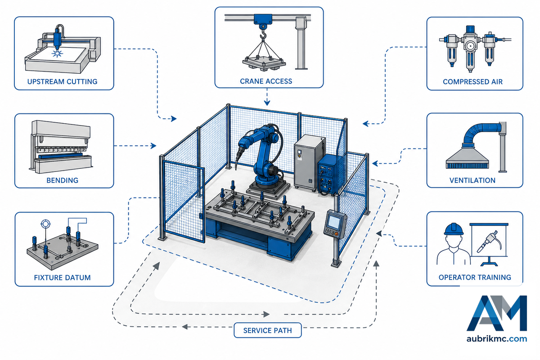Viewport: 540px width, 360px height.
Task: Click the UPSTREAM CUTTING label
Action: tap(62, 82)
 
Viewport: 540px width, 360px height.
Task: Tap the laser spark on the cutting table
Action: tap(58, 53)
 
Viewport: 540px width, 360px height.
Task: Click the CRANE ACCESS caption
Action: tap(266, 81)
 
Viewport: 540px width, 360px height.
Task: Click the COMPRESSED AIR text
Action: tap(472, 82)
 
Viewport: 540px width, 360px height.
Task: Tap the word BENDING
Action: tap(62, 180)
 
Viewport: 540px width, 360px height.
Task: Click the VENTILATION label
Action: tap(472, 180)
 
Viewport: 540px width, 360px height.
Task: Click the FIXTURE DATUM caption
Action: tap(62, 278)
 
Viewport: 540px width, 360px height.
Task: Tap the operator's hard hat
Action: tap(454, 229)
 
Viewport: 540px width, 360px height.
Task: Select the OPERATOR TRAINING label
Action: tap(475, 277)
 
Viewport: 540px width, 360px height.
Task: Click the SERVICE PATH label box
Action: tap(268, 330)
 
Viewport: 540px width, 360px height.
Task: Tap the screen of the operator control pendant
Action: tap(334, 222)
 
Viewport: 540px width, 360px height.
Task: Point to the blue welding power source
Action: tap(330, 175)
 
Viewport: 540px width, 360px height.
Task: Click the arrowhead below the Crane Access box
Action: tap(266, 103)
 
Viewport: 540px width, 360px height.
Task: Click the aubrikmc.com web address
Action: tap(497, 339)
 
